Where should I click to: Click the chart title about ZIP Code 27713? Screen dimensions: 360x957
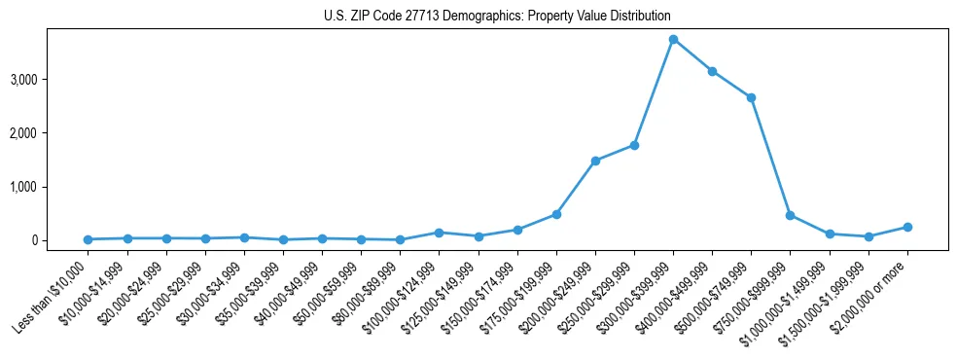tap(497, 17)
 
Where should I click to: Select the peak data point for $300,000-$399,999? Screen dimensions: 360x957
tap(673, 39)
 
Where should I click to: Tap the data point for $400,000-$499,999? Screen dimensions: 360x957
tap(712, 71)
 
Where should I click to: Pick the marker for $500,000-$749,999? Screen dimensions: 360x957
tap(751, 97)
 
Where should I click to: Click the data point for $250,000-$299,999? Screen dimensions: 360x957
tap(634, 145)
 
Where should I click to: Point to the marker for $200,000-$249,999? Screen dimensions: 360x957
tap(595, 161)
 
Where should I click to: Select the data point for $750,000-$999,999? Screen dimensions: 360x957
tap(790, 215)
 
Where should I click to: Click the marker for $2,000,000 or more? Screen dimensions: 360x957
tap(907, 227)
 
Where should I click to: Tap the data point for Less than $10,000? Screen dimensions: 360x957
tap(88, 239)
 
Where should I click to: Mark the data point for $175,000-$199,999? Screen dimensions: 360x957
tap(556, 214)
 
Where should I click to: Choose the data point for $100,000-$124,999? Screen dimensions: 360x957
tap(439, 233)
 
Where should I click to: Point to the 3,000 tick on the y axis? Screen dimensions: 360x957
tap(49, 79)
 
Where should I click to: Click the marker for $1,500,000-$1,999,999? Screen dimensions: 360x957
tap(868, 236)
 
